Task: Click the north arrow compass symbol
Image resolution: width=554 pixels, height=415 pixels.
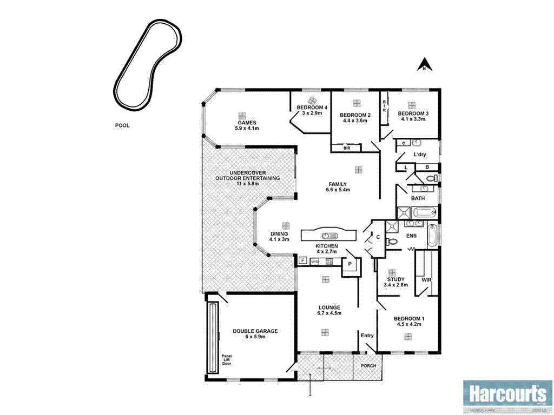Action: [425, 65]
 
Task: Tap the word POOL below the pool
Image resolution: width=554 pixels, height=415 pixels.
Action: [122, 125]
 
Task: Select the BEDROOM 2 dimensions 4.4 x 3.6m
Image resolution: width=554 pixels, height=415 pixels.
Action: [355, 121]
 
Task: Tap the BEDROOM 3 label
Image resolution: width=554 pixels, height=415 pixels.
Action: [413, 113]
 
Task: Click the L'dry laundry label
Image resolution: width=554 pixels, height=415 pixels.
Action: [420, 155]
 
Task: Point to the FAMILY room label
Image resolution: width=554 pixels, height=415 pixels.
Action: [336, 184]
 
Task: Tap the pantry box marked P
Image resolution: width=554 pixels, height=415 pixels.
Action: [350, 264]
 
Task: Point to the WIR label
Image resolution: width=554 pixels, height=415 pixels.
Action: [426, 280]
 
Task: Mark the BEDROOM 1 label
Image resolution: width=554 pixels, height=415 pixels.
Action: [408, 318]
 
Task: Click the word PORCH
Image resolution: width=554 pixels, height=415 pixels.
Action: [368, 365]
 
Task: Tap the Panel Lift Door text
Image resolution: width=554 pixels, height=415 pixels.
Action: [226, 359]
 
